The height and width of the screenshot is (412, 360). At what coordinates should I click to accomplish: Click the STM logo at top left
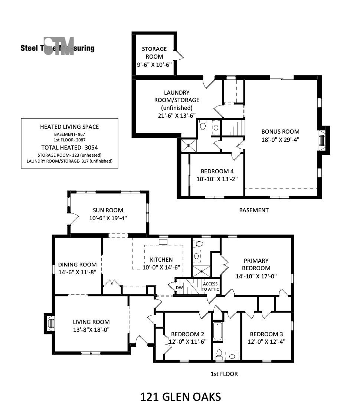[x=58, y=46]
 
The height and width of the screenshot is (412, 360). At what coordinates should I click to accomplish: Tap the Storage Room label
[x=154, y=53]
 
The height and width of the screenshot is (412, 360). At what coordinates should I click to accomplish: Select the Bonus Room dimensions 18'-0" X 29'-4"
[x=280, y=140]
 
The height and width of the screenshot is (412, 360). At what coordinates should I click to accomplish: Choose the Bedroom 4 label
[x=217, y=171]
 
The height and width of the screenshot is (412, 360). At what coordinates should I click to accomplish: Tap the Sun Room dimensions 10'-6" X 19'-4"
[x=108, y=218]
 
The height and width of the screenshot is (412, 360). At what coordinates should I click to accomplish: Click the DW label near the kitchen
[x=179, y=288]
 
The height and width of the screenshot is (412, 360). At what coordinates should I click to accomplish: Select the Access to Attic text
[x=210, y=287]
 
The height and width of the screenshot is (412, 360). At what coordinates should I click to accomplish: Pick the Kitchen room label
[x=161, y=259]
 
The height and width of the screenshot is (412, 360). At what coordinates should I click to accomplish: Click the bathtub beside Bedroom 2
[x=217, y=331]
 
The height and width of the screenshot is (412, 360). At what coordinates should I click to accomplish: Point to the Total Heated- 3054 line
[x=69, y=147]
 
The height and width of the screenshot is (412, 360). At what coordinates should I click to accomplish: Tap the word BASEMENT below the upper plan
[x=254, y=210]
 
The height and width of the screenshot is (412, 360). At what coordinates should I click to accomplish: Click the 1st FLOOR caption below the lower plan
[x=224, y=374]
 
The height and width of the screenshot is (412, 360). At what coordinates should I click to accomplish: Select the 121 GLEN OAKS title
[x=181, y=397]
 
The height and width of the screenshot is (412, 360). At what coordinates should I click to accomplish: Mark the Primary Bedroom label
[x=256, y=264]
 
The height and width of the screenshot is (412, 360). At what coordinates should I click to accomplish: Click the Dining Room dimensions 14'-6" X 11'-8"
[x=77, y=272]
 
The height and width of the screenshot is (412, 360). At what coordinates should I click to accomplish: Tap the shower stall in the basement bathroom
[x=189, y=145]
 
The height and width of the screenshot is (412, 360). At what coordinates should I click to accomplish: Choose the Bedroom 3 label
[x=266, y=334]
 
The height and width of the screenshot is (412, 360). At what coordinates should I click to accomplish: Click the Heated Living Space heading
[x=69, y=127]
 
